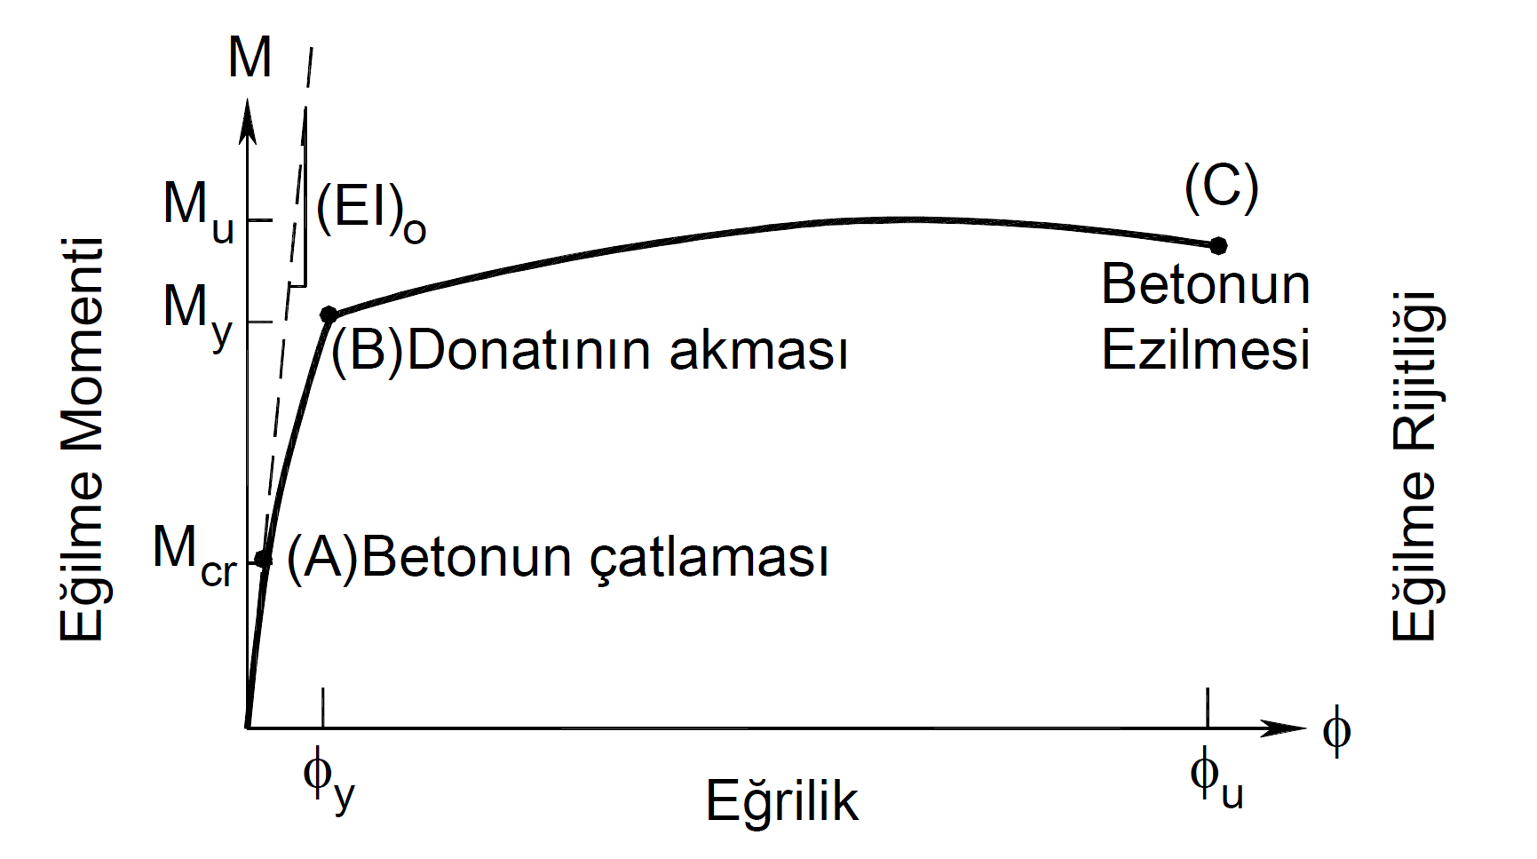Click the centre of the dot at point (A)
pos(263,559)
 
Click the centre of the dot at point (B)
pos(329,314)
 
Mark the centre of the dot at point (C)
pos(1218,245)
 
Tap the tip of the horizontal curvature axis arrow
pos(1308,728)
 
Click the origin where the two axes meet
pos(247,728)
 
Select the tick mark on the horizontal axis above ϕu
pos(1208,709)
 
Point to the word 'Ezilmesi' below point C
pos(1206,349)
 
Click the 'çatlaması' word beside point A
pos(709,559)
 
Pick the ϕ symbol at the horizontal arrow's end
pos(1336,731)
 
